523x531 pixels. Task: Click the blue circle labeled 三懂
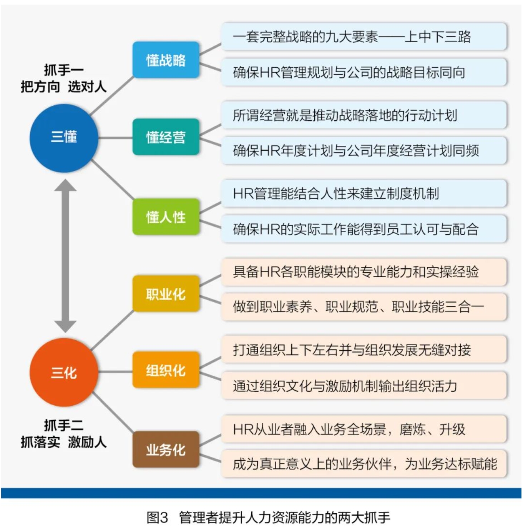64,138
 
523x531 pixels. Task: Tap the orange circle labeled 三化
64,372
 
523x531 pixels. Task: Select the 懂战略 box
166,60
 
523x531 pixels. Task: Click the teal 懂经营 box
166,137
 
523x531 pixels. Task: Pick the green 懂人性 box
166,216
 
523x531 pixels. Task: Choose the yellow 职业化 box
166,293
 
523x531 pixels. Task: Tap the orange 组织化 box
166,370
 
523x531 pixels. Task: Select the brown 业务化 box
166,449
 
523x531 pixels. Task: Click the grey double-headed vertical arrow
65,256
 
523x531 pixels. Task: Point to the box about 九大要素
364,37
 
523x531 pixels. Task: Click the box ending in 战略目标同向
364,72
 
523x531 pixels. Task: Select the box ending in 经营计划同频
364,150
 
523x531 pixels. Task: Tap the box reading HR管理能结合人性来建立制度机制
364,193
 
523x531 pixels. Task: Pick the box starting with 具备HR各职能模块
364,272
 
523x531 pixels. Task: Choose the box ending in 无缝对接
364,350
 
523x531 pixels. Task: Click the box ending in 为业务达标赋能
364,464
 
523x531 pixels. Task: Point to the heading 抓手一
64,70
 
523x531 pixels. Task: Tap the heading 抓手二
64,425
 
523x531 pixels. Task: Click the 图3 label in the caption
157,517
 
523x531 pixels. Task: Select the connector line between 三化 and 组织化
115,372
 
